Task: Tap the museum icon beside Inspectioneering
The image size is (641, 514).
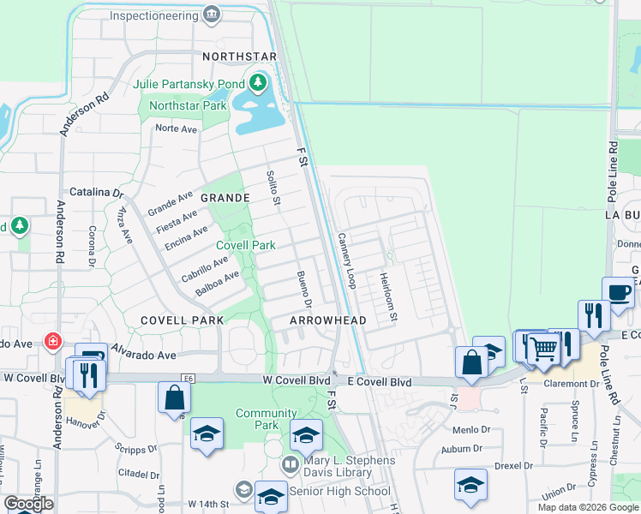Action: pos(212,15)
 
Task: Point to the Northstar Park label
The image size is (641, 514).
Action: pos(188,105)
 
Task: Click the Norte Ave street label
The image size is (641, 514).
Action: pos(176,128)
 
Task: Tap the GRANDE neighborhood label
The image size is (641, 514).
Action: pos(225,198)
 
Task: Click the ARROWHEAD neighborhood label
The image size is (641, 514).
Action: pos(328,320)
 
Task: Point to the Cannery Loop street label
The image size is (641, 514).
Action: pos(347,260)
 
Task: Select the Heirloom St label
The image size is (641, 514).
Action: pos(388,297)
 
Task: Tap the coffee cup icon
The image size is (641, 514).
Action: pos(619,294)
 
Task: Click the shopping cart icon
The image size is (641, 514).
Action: pos(543,348)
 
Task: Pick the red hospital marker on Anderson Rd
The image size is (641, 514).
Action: pos(53,341)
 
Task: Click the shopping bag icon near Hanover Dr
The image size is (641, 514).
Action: pos(175,398)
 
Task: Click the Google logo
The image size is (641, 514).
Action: pos(28,504)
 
